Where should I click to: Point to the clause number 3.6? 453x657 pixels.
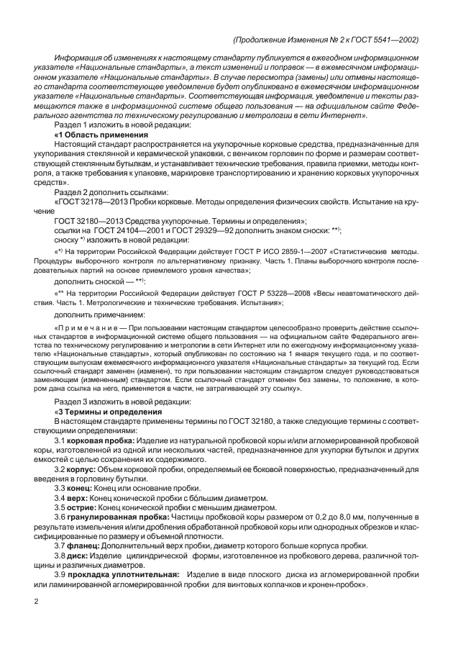(x=61, y=517)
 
